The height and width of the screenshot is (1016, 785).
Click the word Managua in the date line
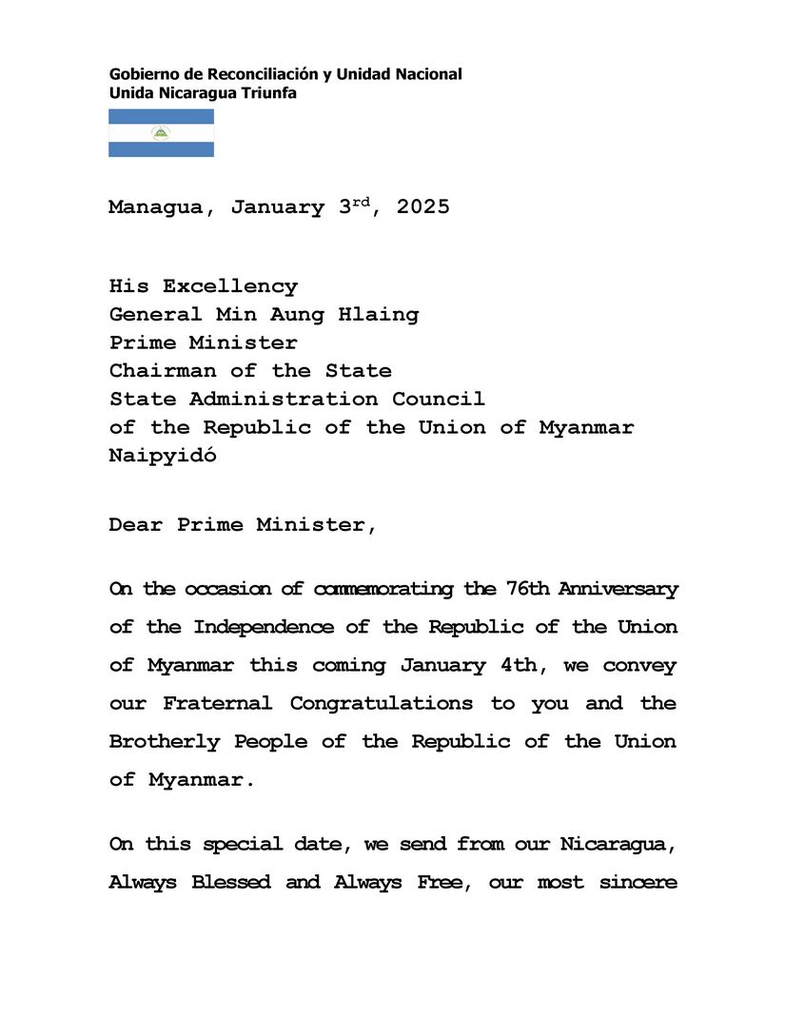click(155, 208)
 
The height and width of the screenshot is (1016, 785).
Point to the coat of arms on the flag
click(161, 133)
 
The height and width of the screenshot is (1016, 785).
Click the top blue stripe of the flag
click(161, 116)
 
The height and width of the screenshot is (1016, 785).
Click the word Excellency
click(229, 286)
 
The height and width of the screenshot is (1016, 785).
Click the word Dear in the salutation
click(135, 525)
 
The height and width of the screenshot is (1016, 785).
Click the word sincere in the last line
click(638, 883)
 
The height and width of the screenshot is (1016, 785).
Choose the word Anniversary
click(618, 589)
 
